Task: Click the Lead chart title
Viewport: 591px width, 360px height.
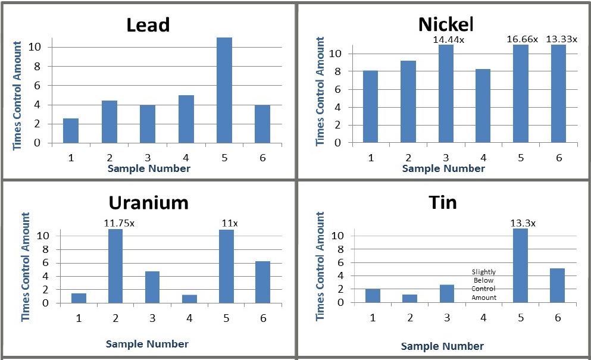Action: point(148,25)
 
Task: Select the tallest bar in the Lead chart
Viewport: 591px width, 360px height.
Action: point(224,90)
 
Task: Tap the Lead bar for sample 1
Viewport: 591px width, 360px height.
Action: point(71,131)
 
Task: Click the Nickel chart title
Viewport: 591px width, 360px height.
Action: point(446,24)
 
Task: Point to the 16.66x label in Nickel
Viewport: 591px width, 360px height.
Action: point(522,39)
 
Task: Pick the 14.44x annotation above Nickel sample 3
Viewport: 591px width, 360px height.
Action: point(446,39)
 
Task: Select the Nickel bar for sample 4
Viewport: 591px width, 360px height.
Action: point(483,106)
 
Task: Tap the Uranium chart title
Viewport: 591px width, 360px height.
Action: point(148,202)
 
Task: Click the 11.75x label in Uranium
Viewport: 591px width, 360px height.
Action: point(115,223)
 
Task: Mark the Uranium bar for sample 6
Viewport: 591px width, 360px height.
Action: point(262,281)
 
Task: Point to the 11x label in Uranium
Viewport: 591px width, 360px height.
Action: point(226,223)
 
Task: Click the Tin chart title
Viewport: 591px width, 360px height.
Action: point(443,202)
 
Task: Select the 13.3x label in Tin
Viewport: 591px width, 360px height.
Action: point(523,223)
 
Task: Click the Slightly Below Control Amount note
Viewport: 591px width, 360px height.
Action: point(484,284)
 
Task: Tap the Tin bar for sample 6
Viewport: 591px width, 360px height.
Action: point(558,285)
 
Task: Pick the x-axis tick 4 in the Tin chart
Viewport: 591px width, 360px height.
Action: point(483,318)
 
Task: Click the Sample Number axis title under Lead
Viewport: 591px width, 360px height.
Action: point(149,168)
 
